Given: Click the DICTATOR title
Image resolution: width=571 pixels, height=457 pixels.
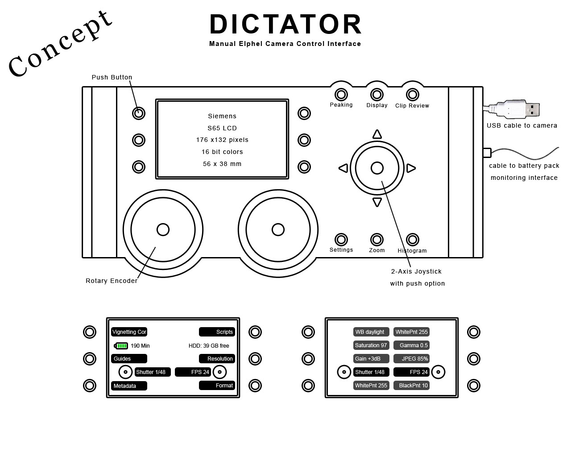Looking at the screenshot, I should tap(285, 24).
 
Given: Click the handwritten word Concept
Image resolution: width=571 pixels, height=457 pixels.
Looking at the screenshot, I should tap(60, 45).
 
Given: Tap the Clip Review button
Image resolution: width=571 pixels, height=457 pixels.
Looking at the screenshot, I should tap(413, 95).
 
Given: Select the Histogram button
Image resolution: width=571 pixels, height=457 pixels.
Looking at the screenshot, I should tap(413, 240).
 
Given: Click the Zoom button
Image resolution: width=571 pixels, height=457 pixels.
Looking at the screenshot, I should tap(377, 240).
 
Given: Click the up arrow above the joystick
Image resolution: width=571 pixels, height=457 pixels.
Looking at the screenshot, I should tap(377, 134).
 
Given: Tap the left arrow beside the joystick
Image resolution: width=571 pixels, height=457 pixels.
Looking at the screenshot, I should tap(343, 168).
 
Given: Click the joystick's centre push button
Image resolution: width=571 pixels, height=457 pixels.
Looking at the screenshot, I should tap(377, 168).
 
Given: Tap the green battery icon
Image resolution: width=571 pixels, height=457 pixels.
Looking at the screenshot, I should tap(121, 346).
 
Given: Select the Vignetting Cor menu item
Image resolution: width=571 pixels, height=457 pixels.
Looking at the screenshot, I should tap(129, 332).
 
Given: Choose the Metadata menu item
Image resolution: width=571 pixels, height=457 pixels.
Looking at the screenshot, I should tap(129, 386).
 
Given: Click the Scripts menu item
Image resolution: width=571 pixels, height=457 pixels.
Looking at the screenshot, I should tap(217, 332).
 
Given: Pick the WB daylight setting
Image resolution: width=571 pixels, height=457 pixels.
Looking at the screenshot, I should tap(371, 332).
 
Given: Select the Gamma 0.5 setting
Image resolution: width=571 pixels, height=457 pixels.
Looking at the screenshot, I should tap(411, 345).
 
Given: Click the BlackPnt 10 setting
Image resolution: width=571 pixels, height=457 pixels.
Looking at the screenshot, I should tap(411, 386).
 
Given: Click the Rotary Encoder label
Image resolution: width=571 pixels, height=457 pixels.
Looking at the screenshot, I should tap(112, 281).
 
